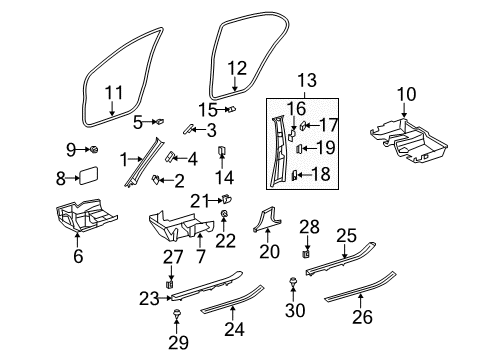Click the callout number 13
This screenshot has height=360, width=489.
pyautogui.click(x=307, y=80)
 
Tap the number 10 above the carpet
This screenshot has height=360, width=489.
pyautogui.click(x=406, y=94)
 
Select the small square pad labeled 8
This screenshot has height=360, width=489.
pyautogui.click(x=88, y=174)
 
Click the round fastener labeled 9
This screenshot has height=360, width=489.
pyautogui.click(x=94, y=150)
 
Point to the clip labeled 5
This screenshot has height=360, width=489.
pyautogui.click(x=160, y=122)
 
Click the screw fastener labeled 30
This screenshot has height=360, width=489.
pyautogui.click(x=293, y=281)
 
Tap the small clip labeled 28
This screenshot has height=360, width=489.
pyautogui.click(x=306, y=254)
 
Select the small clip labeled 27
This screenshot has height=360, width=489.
pyautogui.click(x=170, y=284)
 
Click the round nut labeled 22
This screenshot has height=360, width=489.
pyautogui.click(x=224, y=213)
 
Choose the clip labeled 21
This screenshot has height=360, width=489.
pyautogui.click(x=227, y=199)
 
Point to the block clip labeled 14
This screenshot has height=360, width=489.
pyautogui.click(x=222, y=150)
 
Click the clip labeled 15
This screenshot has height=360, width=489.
pyautogui.click(x=231, y=109)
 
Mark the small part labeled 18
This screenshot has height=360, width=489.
pyautogui.click(x=294, y=175)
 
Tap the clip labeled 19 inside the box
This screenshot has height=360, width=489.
pyautogui.click(x=299, y=148)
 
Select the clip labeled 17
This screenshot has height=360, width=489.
pyautogui.click(x=303, y=126)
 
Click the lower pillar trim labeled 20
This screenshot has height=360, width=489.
pyautogui.click(x=268, y=220)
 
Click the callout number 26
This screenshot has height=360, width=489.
pyautogui.click(x=362, y=317)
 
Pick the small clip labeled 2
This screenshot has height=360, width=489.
pyautogui.click(x=156, y=180)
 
